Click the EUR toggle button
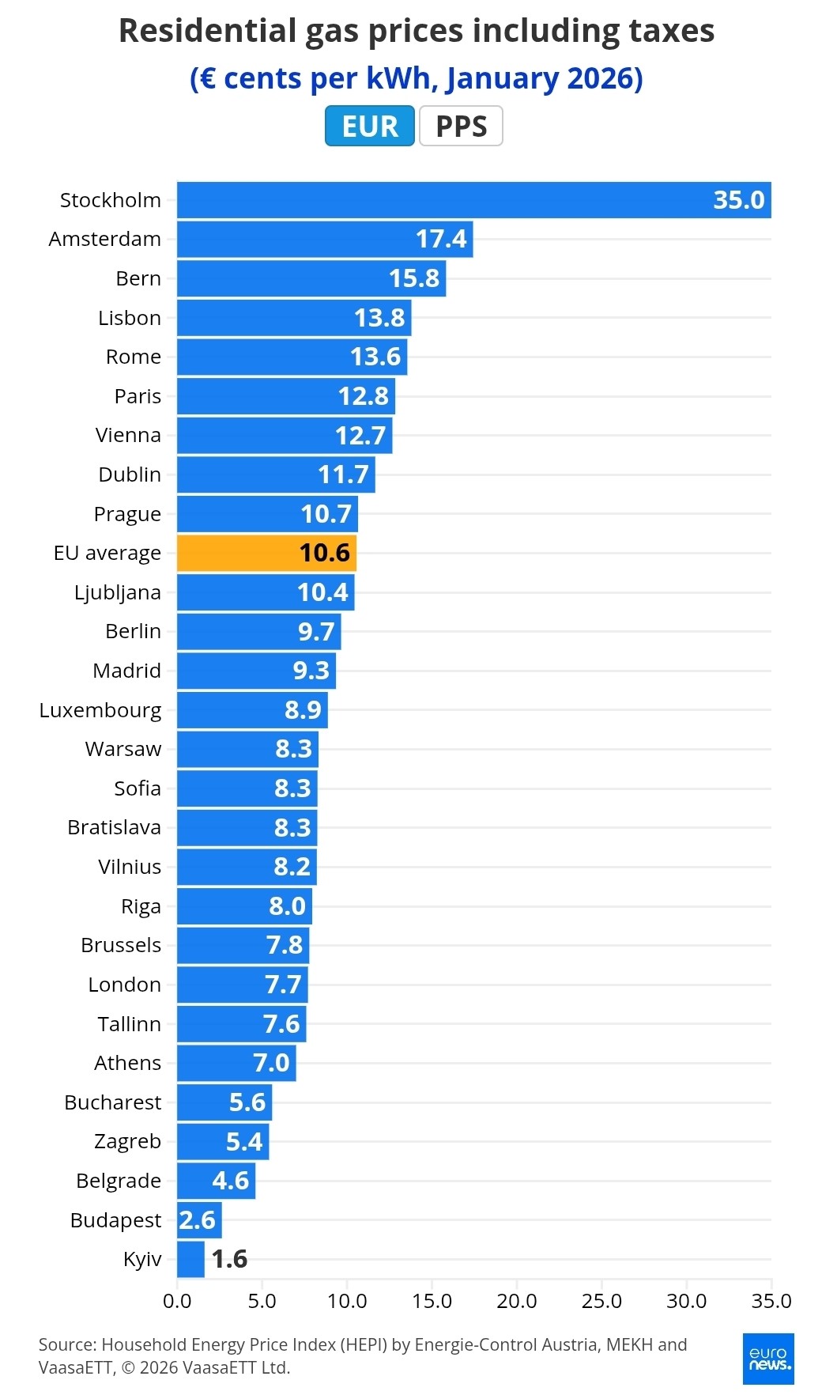coord(369,126)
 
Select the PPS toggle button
coord(461,126)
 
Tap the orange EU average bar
coord(266,553)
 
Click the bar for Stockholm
coord(473,200)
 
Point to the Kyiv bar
coord(190,1259)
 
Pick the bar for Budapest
coord(199,1220)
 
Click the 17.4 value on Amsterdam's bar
coord(441,239)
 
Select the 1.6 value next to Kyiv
coord(229,1259)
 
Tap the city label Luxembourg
coord(100,710)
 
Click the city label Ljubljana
coord(118,592)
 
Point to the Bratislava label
coord(115,827)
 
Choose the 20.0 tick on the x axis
coord(517,1301)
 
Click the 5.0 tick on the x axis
coord(262,1301)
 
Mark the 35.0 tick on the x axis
coord(771,1301)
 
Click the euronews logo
coord(768,1359)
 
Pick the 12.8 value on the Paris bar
coord(364,396)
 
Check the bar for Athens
coord(236,1063)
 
